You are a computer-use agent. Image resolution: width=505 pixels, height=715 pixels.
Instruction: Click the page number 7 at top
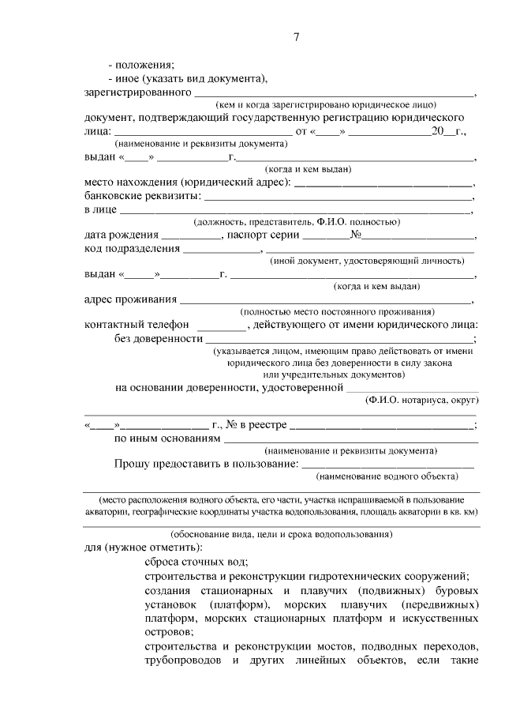coord(295,36)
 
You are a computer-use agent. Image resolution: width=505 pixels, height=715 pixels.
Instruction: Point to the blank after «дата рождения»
coord(192,235)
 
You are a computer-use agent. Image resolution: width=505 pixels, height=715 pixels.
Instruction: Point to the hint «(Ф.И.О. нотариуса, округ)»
coord(418,401)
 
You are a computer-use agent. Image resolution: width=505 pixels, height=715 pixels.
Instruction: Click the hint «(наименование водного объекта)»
coord(387,476)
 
